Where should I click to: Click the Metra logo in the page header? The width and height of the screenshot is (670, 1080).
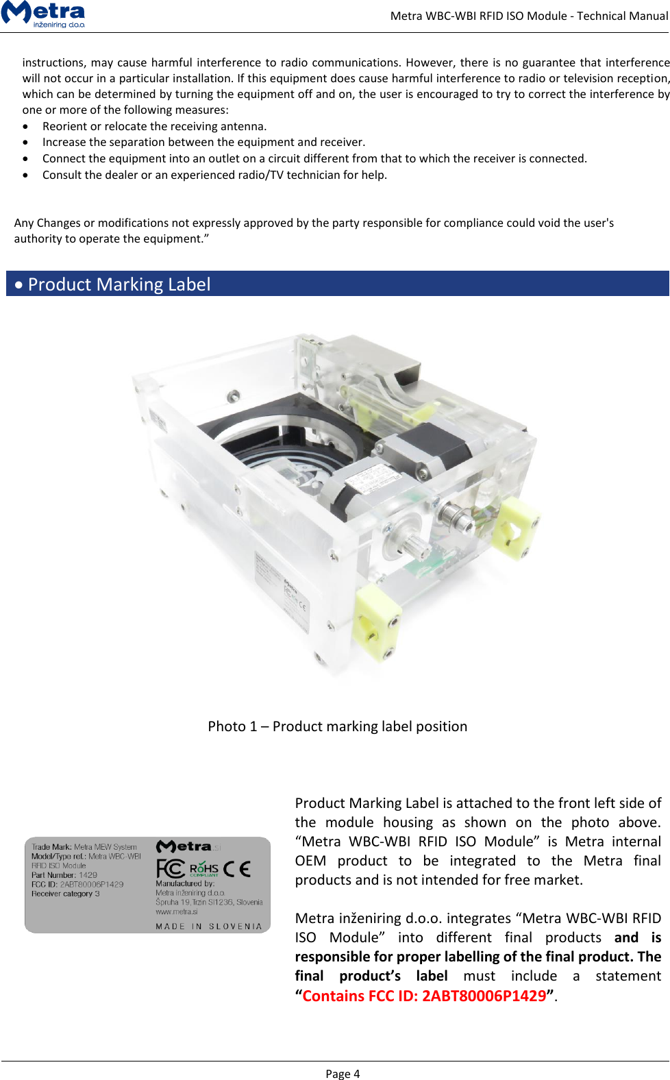[44, 14]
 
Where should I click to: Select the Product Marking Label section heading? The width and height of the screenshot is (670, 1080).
[119, 284]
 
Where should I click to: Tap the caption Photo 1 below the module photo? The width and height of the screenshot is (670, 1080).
[337, 726]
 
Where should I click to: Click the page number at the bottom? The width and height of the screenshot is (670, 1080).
[343, 1074]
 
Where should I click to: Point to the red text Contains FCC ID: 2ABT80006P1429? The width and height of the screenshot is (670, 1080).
[424, 996]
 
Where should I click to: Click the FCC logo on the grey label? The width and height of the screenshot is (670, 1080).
[171, 869]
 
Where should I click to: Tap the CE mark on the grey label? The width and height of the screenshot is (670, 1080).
[237, 869]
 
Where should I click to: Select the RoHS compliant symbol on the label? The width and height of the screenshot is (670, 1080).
[204, 870]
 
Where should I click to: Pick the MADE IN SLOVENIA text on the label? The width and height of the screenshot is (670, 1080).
[209, 926]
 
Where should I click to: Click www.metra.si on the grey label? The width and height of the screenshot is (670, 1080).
[177, 912]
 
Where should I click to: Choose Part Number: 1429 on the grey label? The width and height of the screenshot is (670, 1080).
[64, 875]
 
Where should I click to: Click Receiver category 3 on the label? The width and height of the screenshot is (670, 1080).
[66, 894]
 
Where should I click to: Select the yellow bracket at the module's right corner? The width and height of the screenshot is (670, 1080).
[514, 526]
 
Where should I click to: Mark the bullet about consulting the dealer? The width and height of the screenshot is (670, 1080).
[214, 175]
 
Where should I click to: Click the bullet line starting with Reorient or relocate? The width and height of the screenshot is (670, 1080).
[154, 126]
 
